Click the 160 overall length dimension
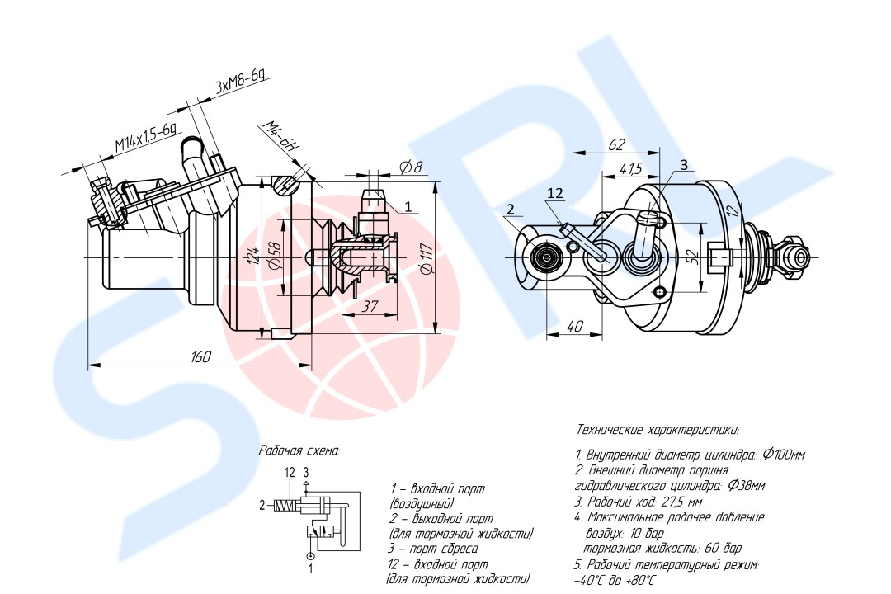tap(200, 356)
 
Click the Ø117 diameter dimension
tap(428, 257)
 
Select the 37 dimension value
tap(370, 306)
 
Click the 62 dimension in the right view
tap(616, 144)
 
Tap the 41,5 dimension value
tap(631, 168)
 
